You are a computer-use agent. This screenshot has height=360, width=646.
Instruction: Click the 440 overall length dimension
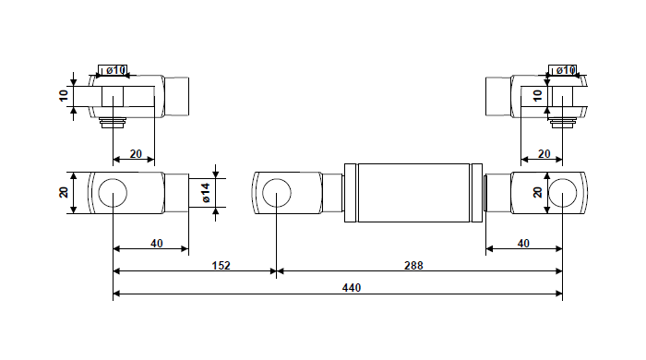pos(351,288)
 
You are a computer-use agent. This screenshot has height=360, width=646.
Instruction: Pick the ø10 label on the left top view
pos(114,70)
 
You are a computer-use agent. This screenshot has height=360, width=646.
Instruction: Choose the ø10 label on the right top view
pos(563,70)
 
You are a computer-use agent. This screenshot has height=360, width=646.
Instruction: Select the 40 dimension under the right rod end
pos(524,243)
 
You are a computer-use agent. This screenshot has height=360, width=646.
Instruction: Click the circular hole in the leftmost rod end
pos(113,193)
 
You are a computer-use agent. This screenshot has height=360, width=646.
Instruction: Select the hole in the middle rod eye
pos(277,193)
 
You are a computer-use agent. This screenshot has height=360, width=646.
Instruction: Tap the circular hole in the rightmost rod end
pos(561,193)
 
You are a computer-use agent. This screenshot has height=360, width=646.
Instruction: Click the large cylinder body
pos(413,193)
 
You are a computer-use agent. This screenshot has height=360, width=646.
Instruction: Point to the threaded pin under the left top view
pos(113,122)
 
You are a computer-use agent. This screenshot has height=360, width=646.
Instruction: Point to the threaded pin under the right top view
pos(561,122)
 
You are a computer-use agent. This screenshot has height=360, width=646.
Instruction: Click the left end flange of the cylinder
pos(349,193)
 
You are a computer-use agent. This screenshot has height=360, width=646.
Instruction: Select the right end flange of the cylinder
pos(476,193)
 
